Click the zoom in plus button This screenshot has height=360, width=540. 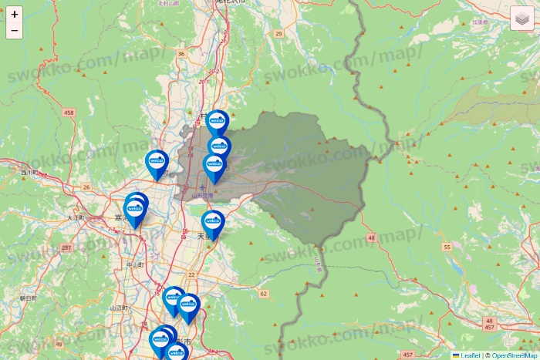click(15, 14)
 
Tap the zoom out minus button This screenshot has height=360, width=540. click(15, 31)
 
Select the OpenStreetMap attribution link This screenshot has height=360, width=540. click(514, 355)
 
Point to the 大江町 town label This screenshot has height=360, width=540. click(75, 218)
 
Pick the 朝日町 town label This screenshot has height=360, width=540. click(29, 298)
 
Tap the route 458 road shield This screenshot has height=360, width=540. click(69, 113)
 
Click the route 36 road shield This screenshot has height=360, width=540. click(181, 54)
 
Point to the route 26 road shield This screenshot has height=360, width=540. click(87, 187)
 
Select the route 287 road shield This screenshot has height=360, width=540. click(67, 247)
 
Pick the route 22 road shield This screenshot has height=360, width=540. click(191, 274)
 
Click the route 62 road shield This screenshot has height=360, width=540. click(263, 294)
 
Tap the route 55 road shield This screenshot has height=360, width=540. click(447, 247)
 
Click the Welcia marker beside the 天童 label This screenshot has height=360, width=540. click(212, 222)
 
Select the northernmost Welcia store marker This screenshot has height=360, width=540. click(217, 121)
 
